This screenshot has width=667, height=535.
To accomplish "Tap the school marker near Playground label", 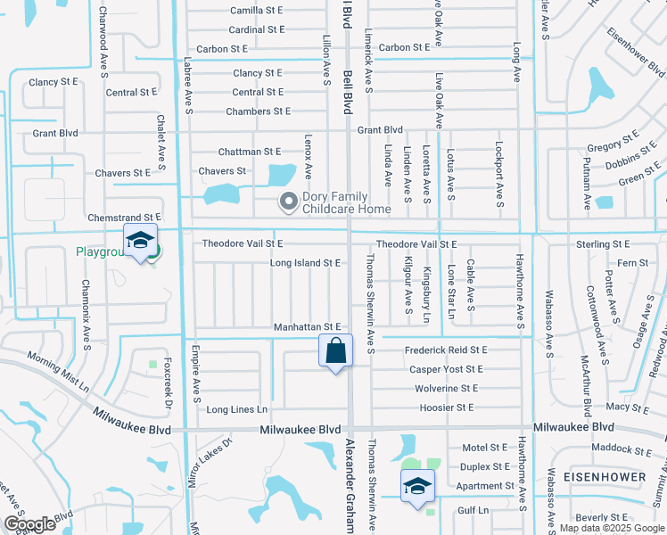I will click(x=140, y=242).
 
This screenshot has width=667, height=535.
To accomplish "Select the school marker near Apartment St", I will click(x=416, y=488).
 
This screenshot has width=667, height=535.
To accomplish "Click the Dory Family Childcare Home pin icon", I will click(x=288, y=202).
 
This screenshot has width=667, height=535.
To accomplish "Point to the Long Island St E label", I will click(x=306, y=263).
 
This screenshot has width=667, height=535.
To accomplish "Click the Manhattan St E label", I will click(x=308, y=327).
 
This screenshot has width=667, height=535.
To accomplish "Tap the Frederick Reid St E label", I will click(x=446, y=350).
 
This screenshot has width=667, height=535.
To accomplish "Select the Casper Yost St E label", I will click(x=446, y=369).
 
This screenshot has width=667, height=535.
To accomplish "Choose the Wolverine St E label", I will click(x=446, y=389).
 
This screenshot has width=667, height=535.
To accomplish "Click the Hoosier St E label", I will click(x=446, y=407).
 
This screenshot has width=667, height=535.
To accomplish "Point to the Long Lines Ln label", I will click(x=236, y=410).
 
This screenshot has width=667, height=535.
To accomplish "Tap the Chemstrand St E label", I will click(x=124, y=218).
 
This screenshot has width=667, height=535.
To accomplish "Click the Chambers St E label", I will click(x=259, y=111).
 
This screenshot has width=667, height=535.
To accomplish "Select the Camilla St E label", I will click(x=256, y=10).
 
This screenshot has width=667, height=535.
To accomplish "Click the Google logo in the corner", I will click(x=29, y=523).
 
